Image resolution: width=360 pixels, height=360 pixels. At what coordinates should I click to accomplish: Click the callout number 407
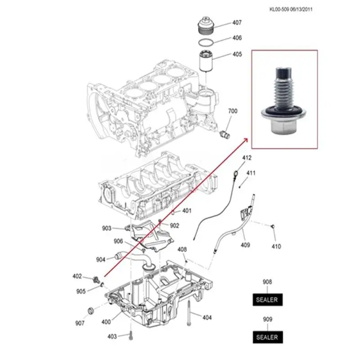[237, 22]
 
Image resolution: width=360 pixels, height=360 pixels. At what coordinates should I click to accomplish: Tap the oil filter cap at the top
[206, 25]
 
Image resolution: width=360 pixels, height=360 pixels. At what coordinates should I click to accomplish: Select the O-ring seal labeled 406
[206, 43]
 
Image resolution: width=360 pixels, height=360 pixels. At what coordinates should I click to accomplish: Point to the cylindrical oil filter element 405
[206, 61]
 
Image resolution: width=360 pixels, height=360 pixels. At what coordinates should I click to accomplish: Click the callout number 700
[233, 111]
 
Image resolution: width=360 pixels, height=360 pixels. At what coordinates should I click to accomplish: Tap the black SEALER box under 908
[267, 300]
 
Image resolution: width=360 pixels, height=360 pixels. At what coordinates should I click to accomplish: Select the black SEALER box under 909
[268, 337]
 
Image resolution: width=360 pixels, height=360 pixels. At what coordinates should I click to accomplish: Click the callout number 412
[247, 158]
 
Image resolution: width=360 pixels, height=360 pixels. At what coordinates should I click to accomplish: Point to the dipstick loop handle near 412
[236, 173]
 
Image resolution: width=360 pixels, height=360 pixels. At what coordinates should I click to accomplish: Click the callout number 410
[276, 246]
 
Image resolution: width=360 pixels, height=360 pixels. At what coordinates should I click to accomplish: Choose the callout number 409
[245, 245]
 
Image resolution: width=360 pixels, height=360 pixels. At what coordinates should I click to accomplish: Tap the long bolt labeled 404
[189, 313]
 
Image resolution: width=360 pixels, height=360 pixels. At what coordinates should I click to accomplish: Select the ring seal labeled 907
[91, 310]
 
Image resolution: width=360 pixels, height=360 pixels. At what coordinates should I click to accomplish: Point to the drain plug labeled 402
[95, 279]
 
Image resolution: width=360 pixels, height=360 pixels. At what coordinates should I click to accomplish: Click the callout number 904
[100, 260]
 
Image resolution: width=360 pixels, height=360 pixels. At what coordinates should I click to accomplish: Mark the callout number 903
[107, 228]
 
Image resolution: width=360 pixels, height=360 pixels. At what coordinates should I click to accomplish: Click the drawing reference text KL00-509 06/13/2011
[291, 9]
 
